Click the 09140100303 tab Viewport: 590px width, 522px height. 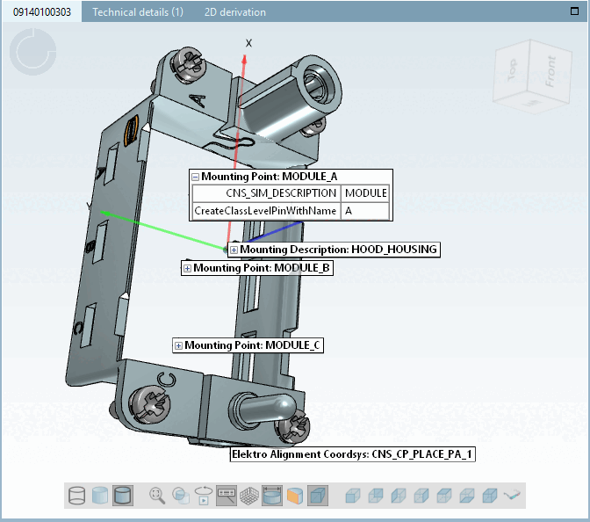tap(41, 12)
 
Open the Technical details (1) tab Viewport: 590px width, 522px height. tap(138, 12)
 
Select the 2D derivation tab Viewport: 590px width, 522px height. tap(234, 12)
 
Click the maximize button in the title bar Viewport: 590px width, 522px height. tap(574, 11)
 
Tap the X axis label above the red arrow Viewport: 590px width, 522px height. tap(248, 43)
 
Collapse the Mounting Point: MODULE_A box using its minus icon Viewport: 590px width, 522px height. tap(196, 177)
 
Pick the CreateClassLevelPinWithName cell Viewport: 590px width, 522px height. tap(265, 211)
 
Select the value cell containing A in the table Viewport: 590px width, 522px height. tap(364, 211)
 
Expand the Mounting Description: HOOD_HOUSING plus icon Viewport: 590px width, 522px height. tap(234, 250)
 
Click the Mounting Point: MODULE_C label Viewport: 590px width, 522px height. tap(253, 346)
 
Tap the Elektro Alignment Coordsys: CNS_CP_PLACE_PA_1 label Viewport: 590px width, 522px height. tap(351, 454)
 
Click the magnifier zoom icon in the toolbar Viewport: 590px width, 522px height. tap(157, 496)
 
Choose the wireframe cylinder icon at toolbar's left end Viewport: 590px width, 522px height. tap(77, 496)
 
